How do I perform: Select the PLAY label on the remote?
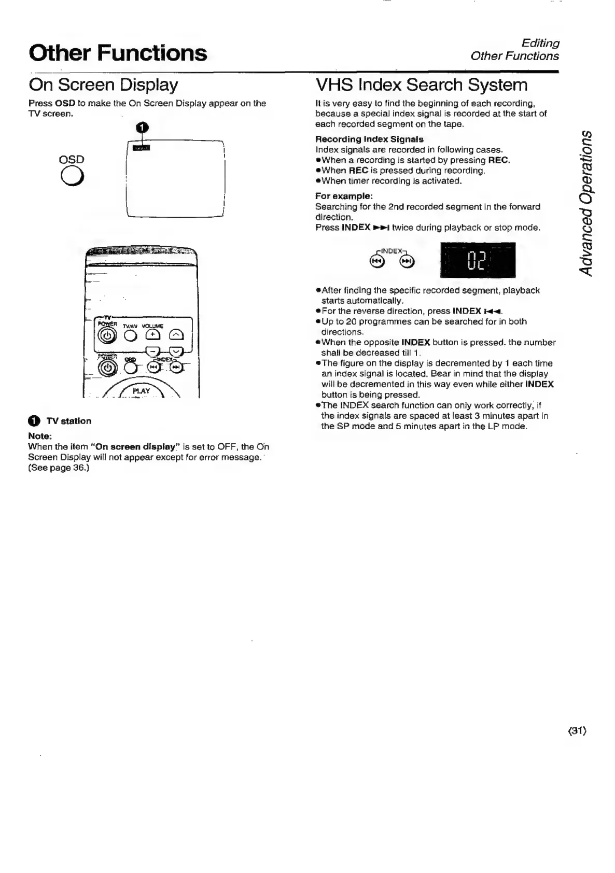141,391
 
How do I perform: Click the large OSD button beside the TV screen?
73,177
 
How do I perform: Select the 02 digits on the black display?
478,261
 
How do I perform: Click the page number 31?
576,731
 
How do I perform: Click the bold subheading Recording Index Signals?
369,139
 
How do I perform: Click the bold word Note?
40,436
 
